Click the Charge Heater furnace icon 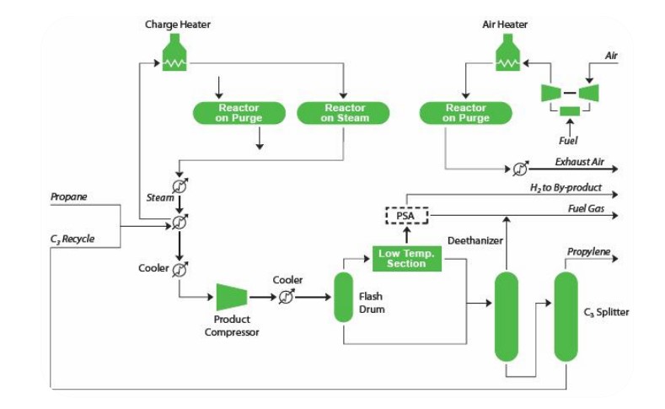pos(174,52)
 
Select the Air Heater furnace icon pos(507,52)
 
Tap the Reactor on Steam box pos(343,113)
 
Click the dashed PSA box pos(407,216)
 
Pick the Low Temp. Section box pos(407,258)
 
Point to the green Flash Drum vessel pos(343,297)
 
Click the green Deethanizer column pos(507,316)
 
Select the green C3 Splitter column pos(566,316)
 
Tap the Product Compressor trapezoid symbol pos(232,297)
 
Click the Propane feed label pos(69,196)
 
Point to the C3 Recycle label pos(72,239)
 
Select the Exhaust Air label pos(579,162)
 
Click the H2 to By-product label pos(566,187)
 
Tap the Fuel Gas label pos(586,208)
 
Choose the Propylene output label pos(588,251)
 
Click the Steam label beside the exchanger pos(160,197)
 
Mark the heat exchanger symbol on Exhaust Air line pos(520,169)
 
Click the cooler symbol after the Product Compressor pos(287,297)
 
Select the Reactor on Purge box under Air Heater pos(466,113)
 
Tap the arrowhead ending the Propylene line pos(614,258)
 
